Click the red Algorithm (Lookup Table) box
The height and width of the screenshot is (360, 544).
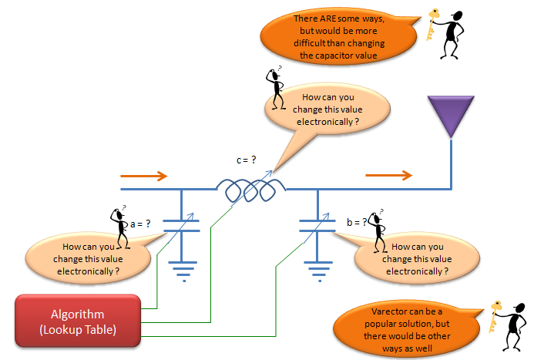(x=78, y=321)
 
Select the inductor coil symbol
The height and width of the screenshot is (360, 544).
(x=251, y=190)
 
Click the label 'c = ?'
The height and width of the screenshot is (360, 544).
(x=246, y=160)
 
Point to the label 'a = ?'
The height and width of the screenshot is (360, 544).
(x=140, y=224)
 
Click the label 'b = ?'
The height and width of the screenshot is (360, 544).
(x=357, y=222)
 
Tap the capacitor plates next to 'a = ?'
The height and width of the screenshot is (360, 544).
(x=181, y=226)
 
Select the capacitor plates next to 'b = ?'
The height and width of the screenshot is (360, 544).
(x=317, y=226)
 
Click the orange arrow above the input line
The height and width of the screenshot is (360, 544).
(x=143, y=176)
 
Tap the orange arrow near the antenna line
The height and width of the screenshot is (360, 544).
(x=389, y=175)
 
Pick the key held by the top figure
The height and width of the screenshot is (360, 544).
(x=432, y=25)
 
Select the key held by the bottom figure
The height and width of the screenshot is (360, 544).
(x=495, y=316)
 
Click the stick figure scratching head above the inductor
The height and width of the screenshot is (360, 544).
(x=276, y=89)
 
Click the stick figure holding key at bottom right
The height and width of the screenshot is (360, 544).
(x=512, y=327)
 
